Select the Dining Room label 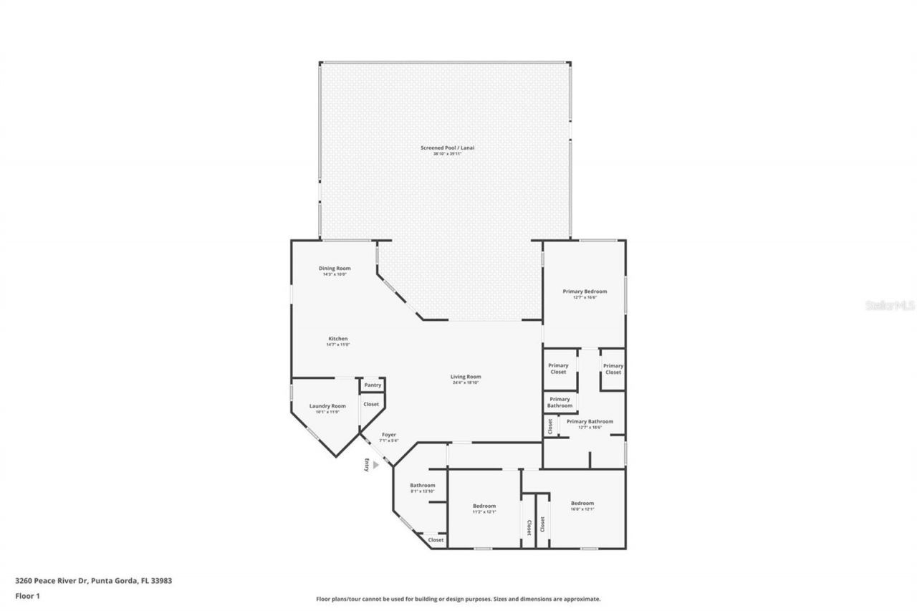(335, 269)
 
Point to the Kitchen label (338, 339)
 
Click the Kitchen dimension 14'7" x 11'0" (338, 345)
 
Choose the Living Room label (465, 377)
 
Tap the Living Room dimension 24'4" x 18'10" (465, 383)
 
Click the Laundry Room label (327, 406)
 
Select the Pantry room (373, 385)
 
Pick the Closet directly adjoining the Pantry (371, 405)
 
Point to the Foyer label (388, 435)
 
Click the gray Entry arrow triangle (375, 465)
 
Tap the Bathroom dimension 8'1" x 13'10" (422, 491)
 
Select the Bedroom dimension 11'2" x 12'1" (484, 512)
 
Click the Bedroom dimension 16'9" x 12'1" (582, 509)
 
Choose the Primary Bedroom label (585, 292)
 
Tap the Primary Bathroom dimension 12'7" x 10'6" (590, 428)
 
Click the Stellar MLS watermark (890, 305)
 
